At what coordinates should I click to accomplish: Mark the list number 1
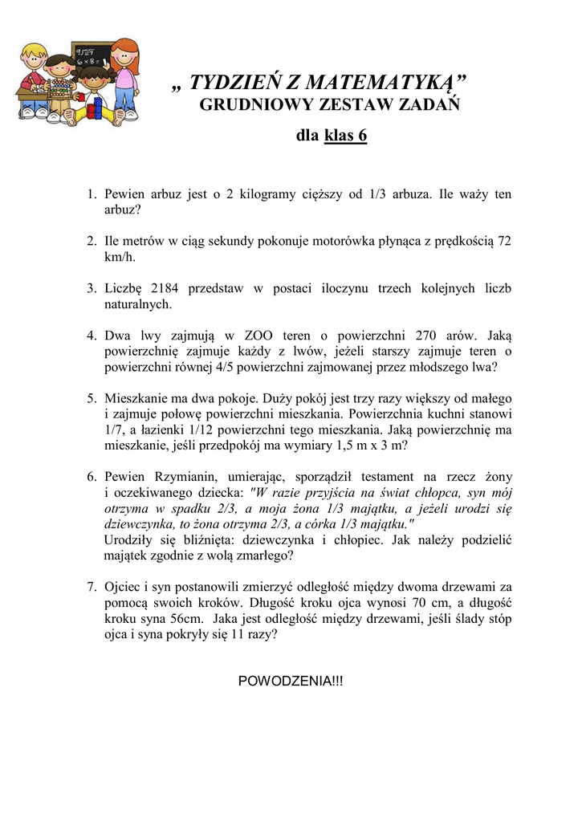tap(92, 195)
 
